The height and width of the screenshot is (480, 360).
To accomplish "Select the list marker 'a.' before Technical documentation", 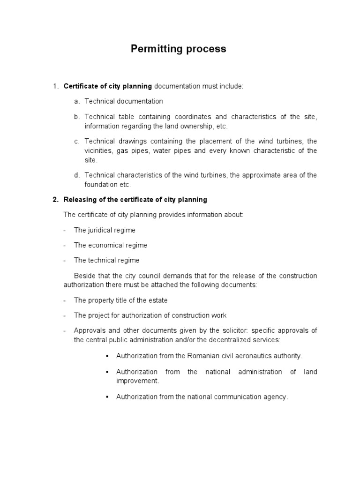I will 77,101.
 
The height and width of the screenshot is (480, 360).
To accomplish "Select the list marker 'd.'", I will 77,175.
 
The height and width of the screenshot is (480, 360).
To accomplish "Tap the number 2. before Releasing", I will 55,200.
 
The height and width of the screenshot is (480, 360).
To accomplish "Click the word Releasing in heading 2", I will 79,200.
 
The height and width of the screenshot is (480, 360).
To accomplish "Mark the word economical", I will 105,245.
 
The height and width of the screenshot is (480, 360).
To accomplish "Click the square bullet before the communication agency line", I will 107,397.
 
